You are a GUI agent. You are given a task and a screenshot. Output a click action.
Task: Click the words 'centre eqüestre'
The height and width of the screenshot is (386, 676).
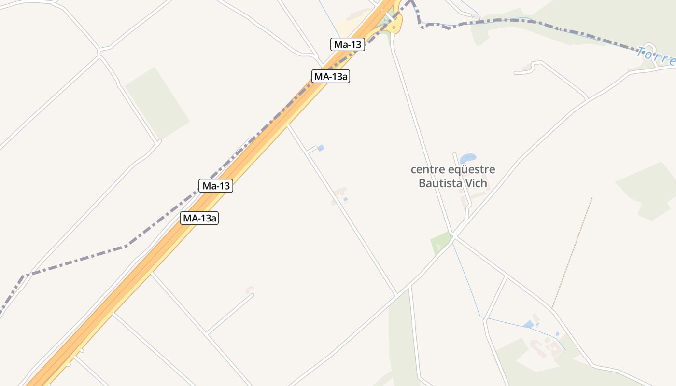coord(452,170)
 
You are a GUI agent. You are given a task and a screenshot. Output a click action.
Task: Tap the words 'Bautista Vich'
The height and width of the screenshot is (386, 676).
coord(452,183)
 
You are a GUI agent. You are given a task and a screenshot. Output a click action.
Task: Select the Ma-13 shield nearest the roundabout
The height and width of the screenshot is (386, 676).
coord(348,45)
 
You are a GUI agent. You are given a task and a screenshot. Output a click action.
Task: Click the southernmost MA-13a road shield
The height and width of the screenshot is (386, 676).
coord(200,218)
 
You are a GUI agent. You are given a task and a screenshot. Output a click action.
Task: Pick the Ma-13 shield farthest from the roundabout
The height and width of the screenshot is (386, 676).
coord(216,186)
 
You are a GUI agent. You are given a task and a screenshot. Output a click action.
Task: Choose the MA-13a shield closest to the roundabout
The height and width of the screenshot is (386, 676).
coord(330,76)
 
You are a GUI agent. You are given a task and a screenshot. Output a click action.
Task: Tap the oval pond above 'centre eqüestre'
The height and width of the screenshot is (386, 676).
coord(468,158)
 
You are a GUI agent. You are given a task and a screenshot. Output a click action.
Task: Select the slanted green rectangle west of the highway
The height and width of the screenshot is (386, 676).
coord(157,103)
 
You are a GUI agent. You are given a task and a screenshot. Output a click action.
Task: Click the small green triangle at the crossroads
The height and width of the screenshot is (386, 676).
coord(440,242)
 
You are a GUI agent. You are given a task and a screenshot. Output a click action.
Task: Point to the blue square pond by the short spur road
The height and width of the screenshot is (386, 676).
coord(321,148)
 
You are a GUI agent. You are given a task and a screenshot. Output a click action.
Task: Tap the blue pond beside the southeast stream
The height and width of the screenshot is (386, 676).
coord(528,324)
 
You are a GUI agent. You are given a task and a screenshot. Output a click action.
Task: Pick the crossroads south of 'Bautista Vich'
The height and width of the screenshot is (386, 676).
coord(454,236)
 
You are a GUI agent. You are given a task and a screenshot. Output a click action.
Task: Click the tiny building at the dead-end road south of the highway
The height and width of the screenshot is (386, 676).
coord(249,290)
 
